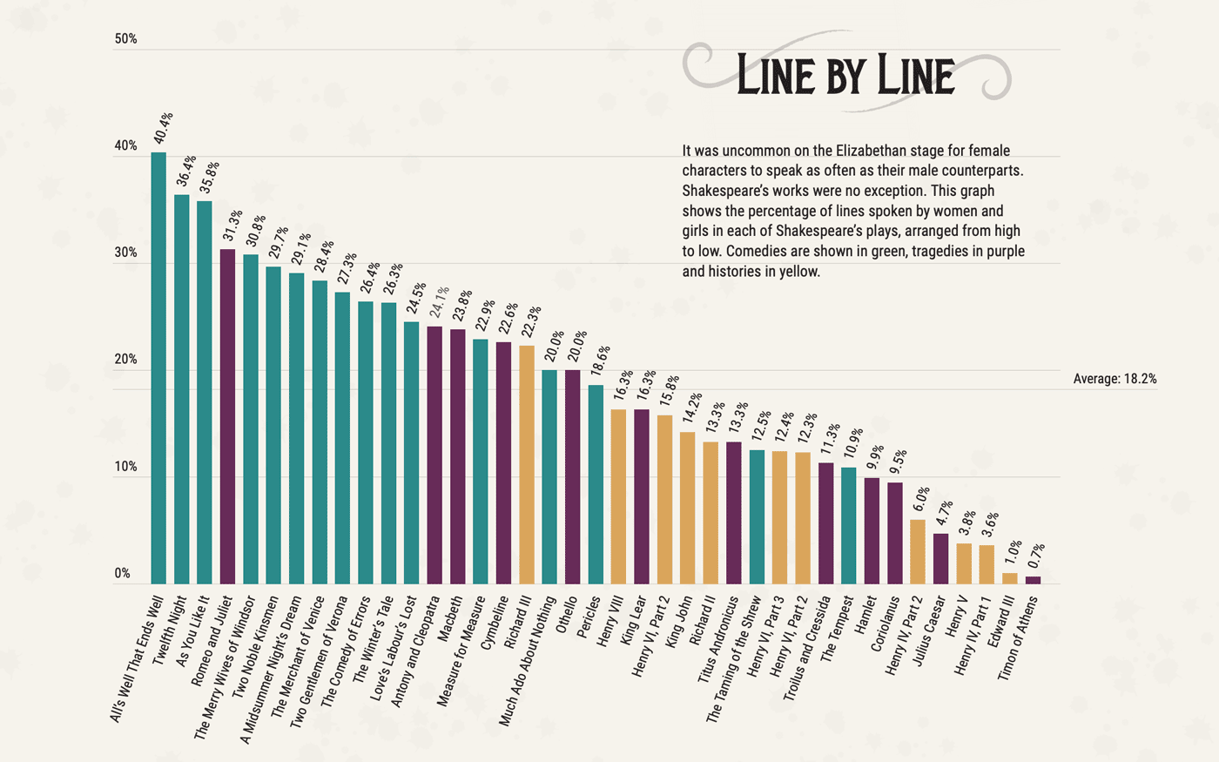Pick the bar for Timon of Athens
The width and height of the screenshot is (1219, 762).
[x=1033, y=580]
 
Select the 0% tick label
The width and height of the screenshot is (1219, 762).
[x=123, y=574]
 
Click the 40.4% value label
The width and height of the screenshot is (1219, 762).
[x=163, y=128]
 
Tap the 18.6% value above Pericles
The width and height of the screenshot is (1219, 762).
[x=600, y=361]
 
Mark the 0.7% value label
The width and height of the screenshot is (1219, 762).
[x=1037, y=556]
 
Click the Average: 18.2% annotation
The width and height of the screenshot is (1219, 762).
[x=1115, y=379]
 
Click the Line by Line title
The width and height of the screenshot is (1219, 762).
[x=845, y=75]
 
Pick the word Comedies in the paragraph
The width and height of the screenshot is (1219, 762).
[x=752, y=251]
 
